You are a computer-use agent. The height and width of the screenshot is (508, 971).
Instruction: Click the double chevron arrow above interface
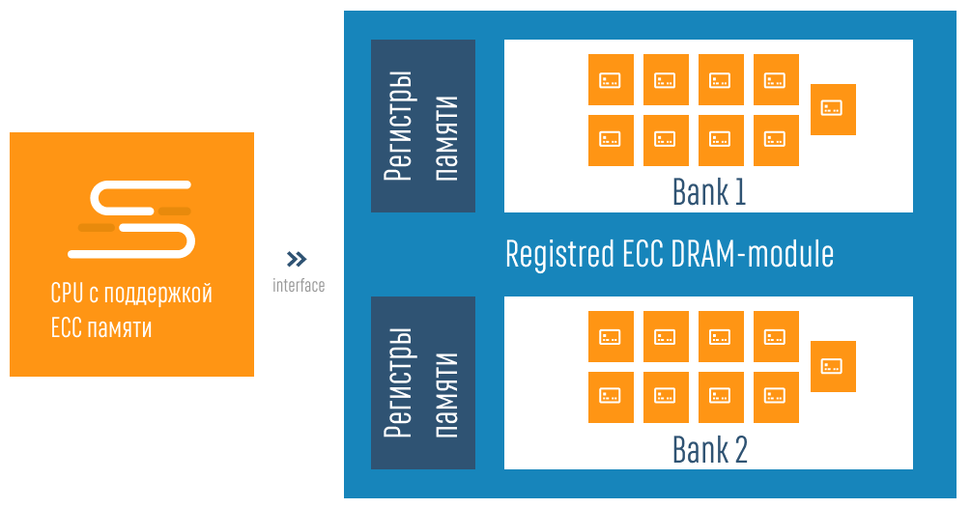[297, 259]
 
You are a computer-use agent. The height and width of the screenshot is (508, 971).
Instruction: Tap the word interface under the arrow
[298, 286]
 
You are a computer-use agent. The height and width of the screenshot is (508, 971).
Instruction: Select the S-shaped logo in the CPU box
[131, 219]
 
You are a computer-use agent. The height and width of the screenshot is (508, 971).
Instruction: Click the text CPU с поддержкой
[130, 293]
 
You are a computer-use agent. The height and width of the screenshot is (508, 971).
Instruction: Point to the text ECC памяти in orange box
[100, 327]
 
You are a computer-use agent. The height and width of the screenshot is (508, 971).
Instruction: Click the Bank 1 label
[709, 193]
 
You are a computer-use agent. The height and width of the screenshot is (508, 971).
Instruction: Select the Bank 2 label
[709, 450]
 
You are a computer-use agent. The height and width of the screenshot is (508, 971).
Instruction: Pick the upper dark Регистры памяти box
[423, 126]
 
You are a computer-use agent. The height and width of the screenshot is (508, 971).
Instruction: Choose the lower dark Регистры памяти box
[423, 382]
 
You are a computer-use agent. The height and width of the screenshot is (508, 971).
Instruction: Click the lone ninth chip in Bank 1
[833, 108]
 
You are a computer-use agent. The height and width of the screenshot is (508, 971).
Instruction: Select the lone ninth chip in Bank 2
[833, 366]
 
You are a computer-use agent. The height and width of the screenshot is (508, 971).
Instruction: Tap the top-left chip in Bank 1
[611, 79]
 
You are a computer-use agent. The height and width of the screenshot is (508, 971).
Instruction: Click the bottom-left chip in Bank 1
[611, 140]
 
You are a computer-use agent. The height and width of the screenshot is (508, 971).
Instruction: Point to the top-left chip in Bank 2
[611, 336]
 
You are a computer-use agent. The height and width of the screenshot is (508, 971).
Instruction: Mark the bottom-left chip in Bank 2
[611, 397]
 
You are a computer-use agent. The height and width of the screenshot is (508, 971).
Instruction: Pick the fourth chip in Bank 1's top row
[776, 79]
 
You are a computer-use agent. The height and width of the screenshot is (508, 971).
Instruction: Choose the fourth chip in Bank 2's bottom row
[776, 397]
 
